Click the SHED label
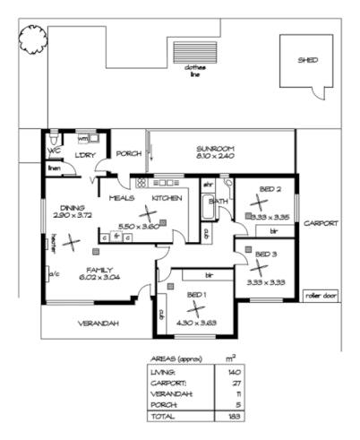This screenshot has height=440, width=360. pos(308,60)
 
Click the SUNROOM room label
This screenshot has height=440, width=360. pos(215,149)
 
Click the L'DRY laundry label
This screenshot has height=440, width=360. pos(86,154)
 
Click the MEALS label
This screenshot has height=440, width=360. pos(122,197)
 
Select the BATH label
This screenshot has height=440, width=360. pos(218,202)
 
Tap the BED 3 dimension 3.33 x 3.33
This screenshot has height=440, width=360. pos(266,282)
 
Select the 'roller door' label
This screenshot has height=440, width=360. pos(317,294)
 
